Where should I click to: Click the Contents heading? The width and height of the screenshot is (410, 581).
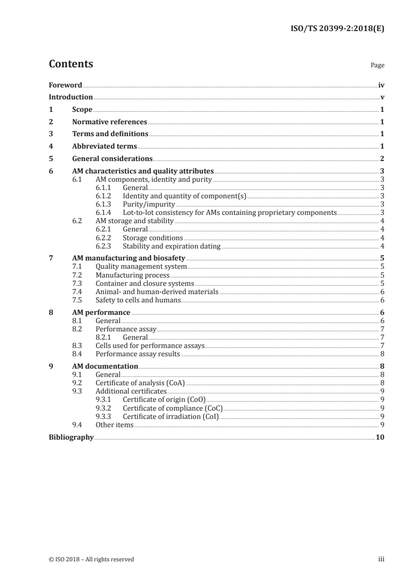pos(71,64)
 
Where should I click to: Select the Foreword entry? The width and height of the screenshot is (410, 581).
pos(65,85)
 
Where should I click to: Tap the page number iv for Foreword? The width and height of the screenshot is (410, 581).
pos(381,85)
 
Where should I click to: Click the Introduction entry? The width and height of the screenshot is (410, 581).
pos(71,97)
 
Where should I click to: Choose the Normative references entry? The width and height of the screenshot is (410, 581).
pos(110,122)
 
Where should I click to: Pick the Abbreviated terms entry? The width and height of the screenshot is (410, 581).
pos(104,147)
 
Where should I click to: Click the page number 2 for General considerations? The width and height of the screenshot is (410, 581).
pos(382,159)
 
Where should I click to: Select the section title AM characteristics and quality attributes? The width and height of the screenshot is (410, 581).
pos(143,171)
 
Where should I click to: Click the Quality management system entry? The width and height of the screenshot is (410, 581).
pos(141,267)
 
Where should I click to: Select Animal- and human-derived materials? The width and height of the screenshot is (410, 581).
pos(157,292)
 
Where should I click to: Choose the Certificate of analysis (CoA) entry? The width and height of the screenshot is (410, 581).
pos(140,383)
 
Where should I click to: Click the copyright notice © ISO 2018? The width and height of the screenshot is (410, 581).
pos(91,559)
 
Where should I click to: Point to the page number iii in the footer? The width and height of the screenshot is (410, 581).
pos(381,559)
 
